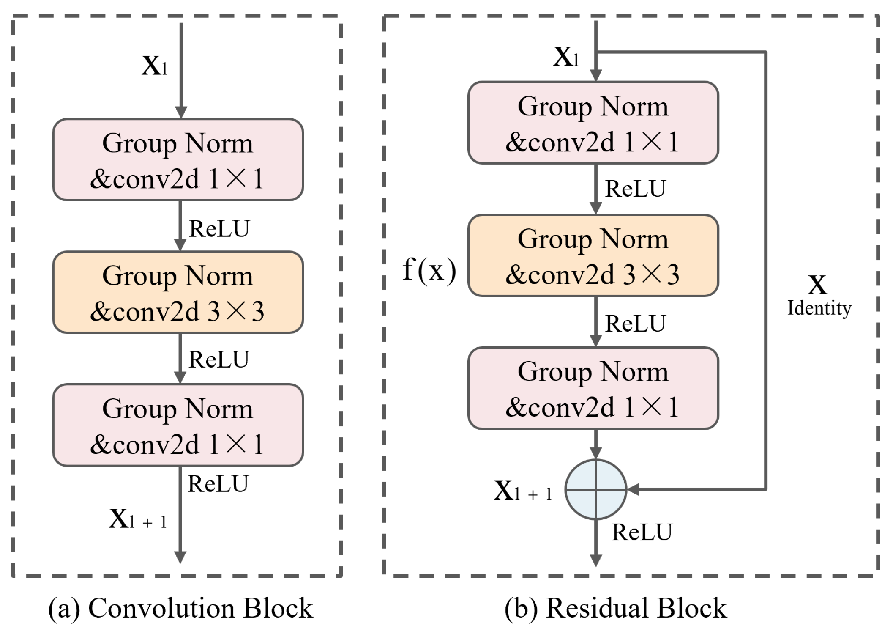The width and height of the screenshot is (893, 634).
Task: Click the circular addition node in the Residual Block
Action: (x=595, y=489)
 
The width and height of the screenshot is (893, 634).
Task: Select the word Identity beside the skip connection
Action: (x=819, y=308)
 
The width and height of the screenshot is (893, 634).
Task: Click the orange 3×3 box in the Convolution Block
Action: (x=178, y=293)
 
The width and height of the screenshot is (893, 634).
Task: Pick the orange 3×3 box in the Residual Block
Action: (x=593, y=255)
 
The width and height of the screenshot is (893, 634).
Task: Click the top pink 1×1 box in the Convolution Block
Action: (x=178, y=160)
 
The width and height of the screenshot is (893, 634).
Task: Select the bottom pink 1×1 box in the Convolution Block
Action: (x=178, y=425)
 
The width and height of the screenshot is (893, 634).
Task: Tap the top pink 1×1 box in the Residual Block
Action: (x=593, y=123)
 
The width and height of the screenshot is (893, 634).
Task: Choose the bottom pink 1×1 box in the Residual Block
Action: (x=593, y=388)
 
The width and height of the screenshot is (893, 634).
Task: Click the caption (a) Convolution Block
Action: (x=180, y=608)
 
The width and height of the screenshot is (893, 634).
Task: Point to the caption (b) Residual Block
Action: (x=615, y=608)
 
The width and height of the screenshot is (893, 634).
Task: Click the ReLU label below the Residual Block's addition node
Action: (x=642, y=532)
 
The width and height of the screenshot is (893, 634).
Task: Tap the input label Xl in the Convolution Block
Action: (x=154, y=66)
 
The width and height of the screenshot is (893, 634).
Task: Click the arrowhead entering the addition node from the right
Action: (x=632, y=490)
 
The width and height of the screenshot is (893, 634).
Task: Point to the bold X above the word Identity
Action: (x=817, y=285)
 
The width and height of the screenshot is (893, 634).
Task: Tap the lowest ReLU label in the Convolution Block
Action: (x=218, y=484)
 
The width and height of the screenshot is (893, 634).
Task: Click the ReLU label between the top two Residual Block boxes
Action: (x=635, y=189)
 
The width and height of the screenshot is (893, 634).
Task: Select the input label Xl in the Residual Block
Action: (x=566, y=57)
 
